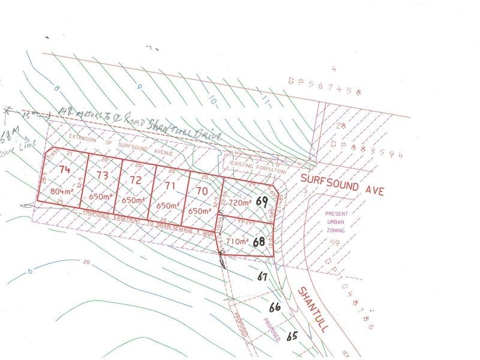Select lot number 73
pyautogui.click(x=102, y=175)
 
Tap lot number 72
pyautogui.click(x=136, y=180)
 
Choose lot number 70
pyautogui.click(x=202, y=191)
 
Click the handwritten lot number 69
pyautogui.click(x=261, y=202)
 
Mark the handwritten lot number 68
pyautogui.click(x=259, y=242)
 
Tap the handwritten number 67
pyautogui.click(x=261, y=277)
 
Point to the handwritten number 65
pyautogui.click(x=292, y=336)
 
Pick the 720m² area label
pyautogui.click(x=239, y=203)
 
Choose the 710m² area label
pyautogui.click(x=237, y=242)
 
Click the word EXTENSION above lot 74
pyautogui.click(x=82, y=137)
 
